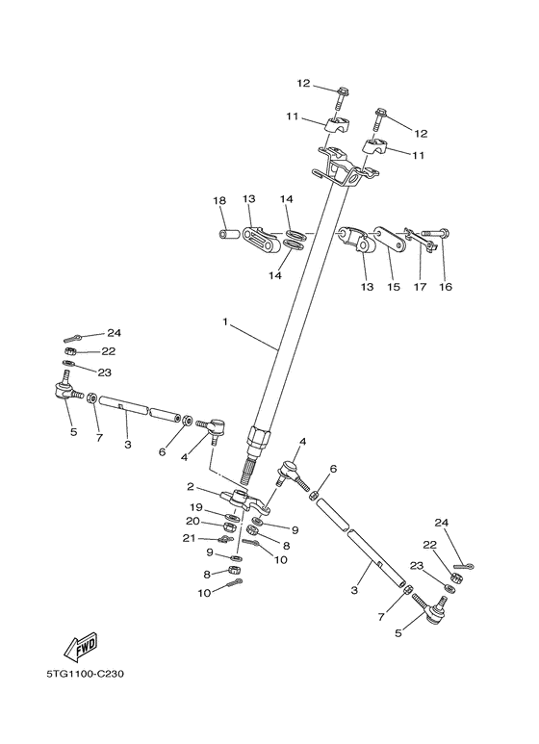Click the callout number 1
point(225,323)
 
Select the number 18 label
point(219,200)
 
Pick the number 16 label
point(445,287)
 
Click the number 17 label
point(420,287)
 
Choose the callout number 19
point(194,506)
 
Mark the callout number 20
point(194,521)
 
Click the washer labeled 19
point(233,517)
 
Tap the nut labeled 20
point(231,527)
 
